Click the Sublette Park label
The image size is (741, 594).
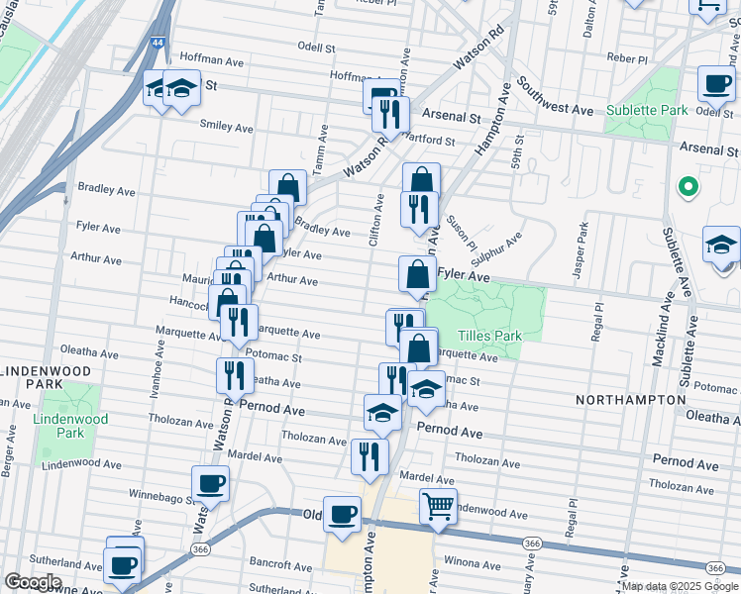click(647, 110)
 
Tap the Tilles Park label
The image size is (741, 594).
click(488, 336)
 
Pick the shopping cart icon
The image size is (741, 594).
click(437, 506)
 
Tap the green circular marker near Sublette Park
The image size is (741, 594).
click(686, 186)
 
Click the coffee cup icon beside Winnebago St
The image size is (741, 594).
click(210, 484)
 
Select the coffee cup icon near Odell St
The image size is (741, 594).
click(716, 84)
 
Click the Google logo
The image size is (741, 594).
click(32, 582)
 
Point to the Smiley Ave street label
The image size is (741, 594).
click(226, 127)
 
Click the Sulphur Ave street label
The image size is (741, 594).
click(502, 247)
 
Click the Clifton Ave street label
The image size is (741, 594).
click(377, 219)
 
